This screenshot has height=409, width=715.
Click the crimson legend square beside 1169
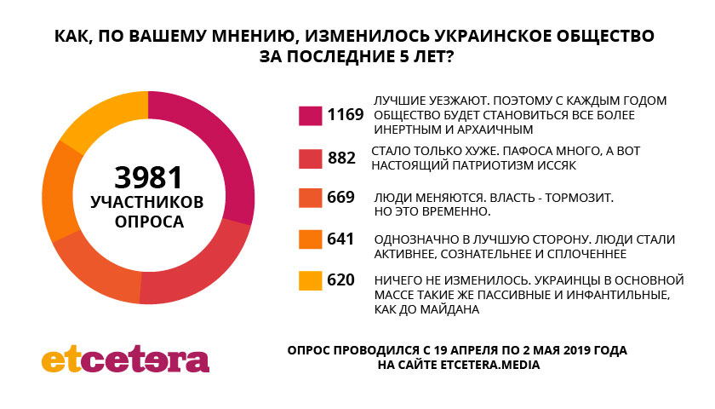coord(310,115)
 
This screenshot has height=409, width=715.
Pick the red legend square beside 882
coord(310,158)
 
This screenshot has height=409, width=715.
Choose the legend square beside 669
coord(310,198)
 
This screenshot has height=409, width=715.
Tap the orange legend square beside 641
coord(310,239)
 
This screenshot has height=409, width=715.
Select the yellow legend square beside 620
coord(310,279)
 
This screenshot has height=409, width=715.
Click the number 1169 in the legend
coord(346,115)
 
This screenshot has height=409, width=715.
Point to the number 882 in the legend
coord(341,158)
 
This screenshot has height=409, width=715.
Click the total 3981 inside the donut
coord(149,177)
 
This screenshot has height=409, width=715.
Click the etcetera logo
coord(125,359)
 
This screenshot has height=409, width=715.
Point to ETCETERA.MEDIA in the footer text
coord(490,365)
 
